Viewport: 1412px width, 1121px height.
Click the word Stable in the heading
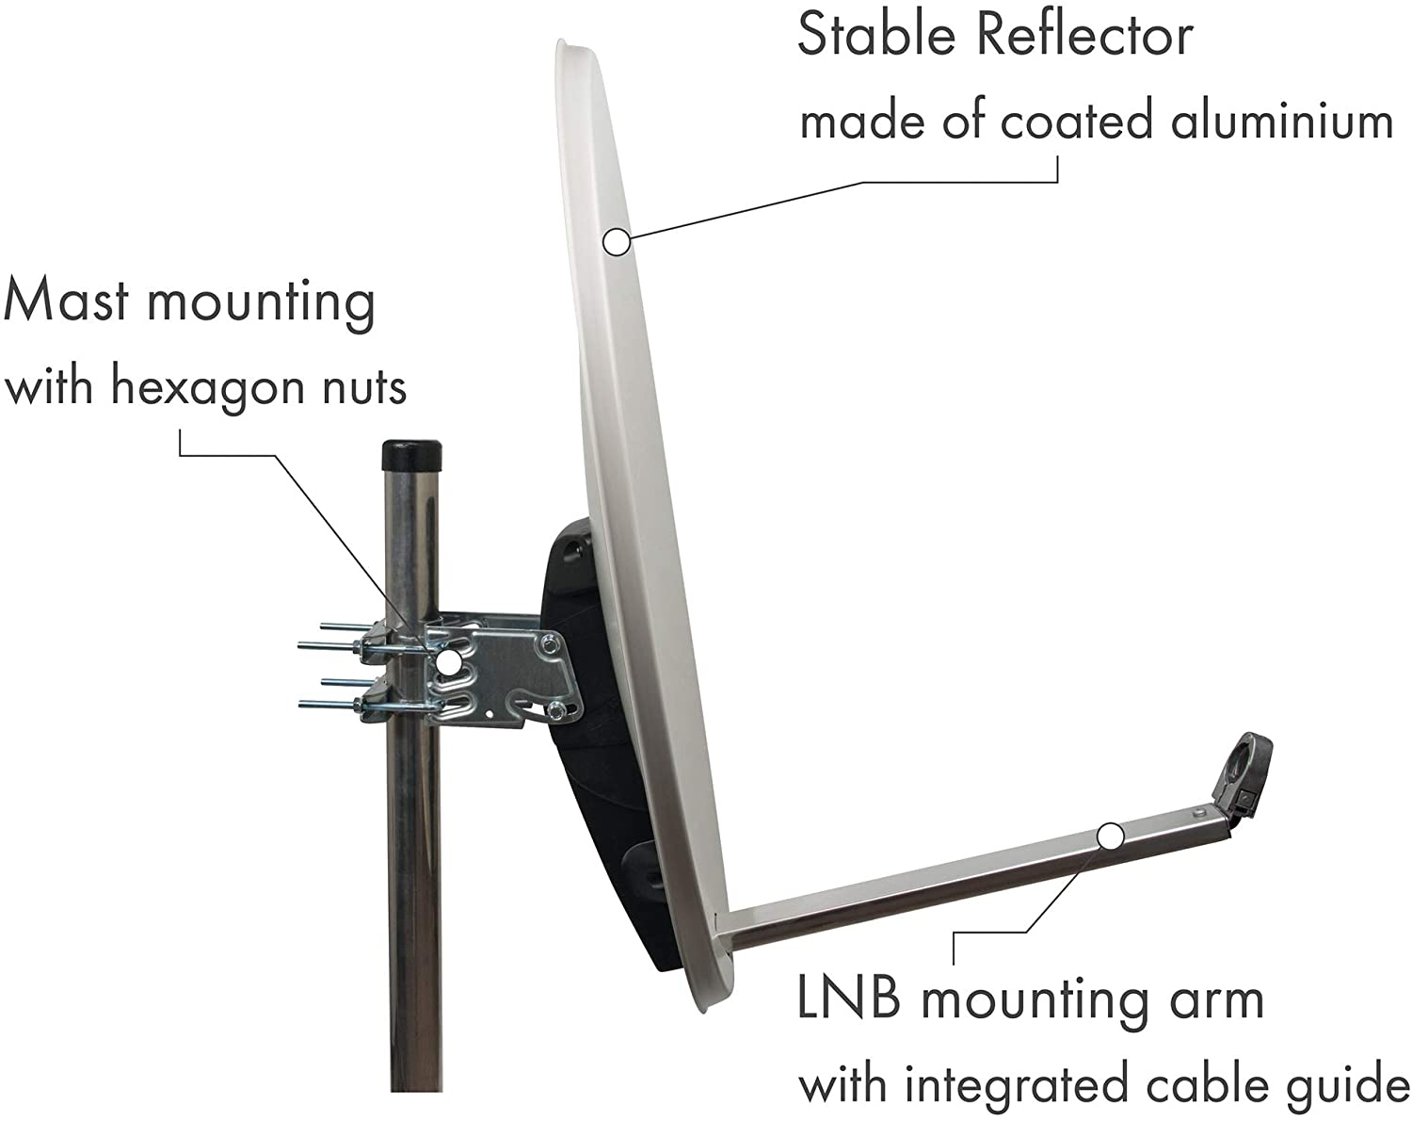coord(879,36)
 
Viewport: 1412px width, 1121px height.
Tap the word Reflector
coord(1084,36)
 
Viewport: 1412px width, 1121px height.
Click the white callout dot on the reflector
coord(617,242)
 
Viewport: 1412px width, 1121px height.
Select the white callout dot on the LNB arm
coord(1110,836)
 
